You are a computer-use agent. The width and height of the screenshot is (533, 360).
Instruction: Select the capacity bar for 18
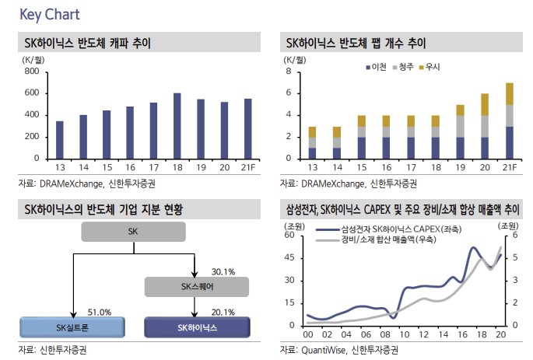(x=177, y=126)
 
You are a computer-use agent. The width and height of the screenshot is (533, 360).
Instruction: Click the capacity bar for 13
(x=60, y=140)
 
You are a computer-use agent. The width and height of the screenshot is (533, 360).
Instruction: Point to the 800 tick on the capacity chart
(x=32, y=72)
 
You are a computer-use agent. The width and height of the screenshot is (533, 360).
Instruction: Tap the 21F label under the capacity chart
(x=248, y=166)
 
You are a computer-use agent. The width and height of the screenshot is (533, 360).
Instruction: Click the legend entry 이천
(x=381, y=68)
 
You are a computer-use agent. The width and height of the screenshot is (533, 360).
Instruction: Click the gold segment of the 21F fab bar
(x=510, y=93)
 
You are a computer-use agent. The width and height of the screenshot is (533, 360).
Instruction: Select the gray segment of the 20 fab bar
(x=486, y=126)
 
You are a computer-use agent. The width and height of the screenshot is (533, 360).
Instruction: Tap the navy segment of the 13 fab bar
(x=312, y=153)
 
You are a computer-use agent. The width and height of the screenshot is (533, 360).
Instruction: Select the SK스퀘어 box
(x=191, y=287)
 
